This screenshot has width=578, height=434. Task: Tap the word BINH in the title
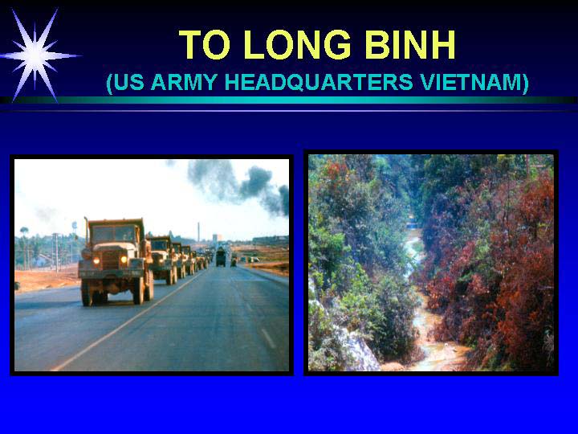coord(410,45)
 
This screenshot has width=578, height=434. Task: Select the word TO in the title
coord(205,45)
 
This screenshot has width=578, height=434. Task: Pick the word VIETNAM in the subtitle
coord(472,82)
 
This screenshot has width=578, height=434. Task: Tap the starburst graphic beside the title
coord(36,55)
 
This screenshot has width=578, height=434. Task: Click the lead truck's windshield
coord(114,234)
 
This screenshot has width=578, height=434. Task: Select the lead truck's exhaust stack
coord(86,231)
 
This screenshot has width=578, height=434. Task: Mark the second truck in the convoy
coord(163,260)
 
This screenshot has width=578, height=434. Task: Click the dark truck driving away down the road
coord(221,257)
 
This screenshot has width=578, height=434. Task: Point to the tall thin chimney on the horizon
coord(198,232)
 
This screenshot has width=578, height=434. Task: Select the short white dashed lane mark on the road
coord(268,338)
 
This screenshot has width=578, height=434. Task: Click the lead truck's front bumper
coord(112,273)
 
